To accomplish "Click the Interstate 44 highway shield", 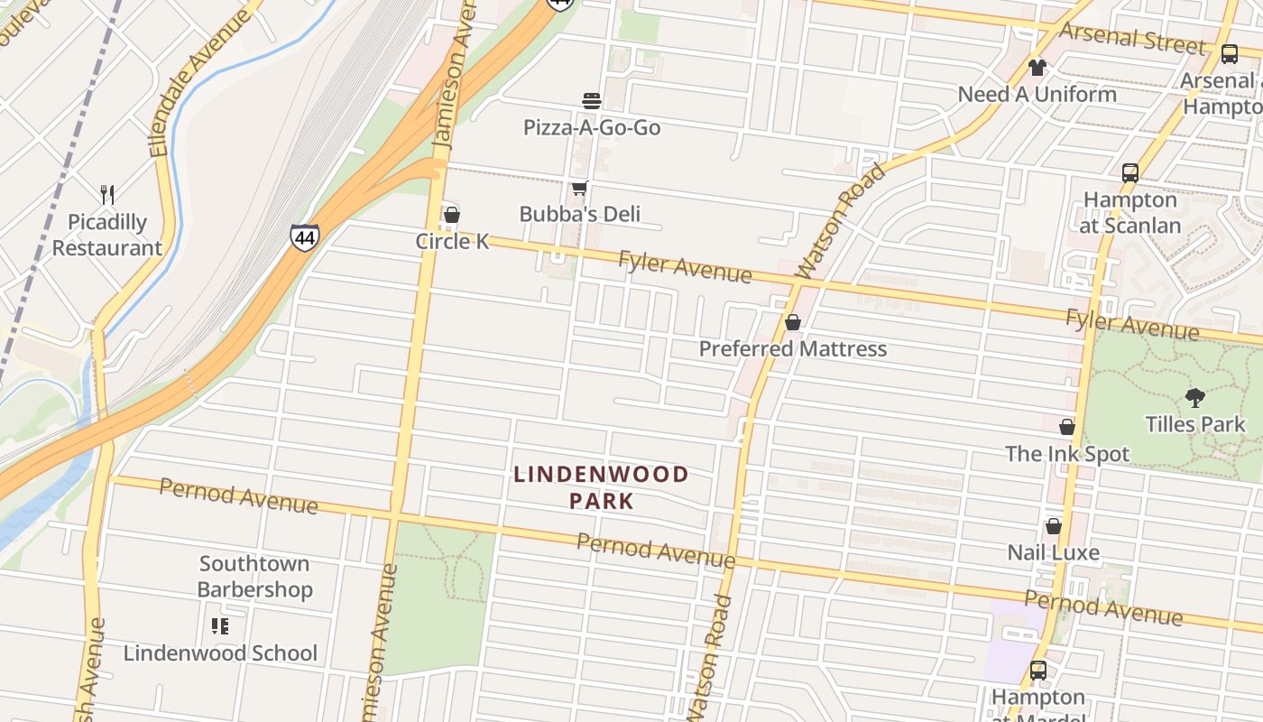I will point(305,237).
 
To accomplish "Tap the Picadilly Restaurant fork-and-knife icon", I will point(107,194).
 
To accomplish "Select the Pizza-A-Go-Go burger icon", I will point(592,100).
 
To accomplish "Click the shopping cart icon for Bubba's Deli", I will point(579,188).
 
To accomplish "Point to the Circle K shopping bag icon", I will point(452,215).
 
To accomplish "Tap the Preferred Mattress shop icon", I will point(793,322).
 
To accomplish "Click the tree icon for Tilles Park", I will point(1195,397).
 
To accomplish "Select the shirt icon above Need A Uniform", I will point(1037,68).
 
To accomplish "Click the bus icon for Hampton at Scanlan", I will point(1130,173).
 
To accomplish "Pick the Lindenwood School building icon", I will point(220,626).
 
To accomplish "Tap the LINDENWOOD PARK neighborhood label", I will point(601,487).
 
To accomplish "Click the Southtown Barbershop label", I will point(255,577).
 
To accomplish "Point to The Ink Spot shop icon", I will point(1067,427).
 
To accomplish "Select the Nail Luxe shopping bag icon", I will point(1053,526).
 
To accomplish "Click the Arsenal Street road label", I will point(1133,39).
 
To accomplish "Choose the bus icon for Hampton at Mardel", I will point(1038,671).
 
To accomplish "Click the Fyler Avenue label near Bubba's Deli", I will point(685,267).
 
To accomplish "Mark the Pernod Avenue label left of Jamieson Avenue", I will point(238,496).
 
